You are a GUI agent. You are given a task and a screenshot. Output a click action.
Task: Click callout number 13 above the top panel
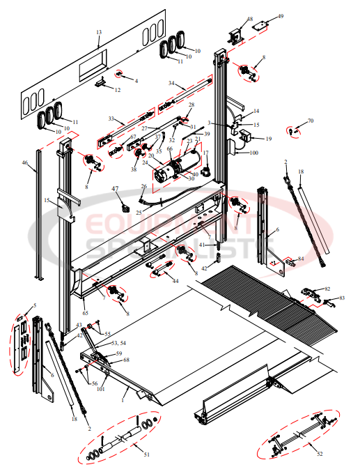coord(99,33)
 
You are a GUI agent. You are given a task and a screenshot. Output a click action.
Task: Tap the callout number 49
coord(280,16)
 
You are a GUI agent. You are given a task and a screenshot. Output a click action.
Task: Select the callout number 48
coord(250,20)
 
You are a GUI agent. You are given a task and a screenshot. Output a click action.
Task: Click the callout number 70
coord(311,121)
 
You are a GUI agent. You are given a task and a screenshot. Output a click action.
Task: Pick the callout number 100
coord(253,152)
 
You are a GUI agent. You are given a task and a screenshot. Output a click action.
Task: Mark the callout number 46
coord(24,163)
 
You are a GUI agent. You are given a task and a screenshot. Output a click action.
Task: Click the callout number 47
coord(116,189)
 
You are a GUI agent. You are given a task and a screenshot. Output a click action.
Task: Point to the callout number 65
coord(85,305)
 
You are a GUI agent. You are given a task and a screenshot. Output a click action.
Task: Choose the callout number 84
coord(301,259)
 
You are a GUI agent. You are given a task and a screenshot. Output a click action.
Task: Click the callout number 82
coord(327,289)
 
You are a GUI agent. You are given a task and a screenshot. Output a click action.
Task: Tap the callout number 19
coord(268,139)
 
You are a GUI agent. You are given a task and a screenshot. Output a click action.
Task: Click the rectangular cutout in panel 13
coord(92,66)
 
